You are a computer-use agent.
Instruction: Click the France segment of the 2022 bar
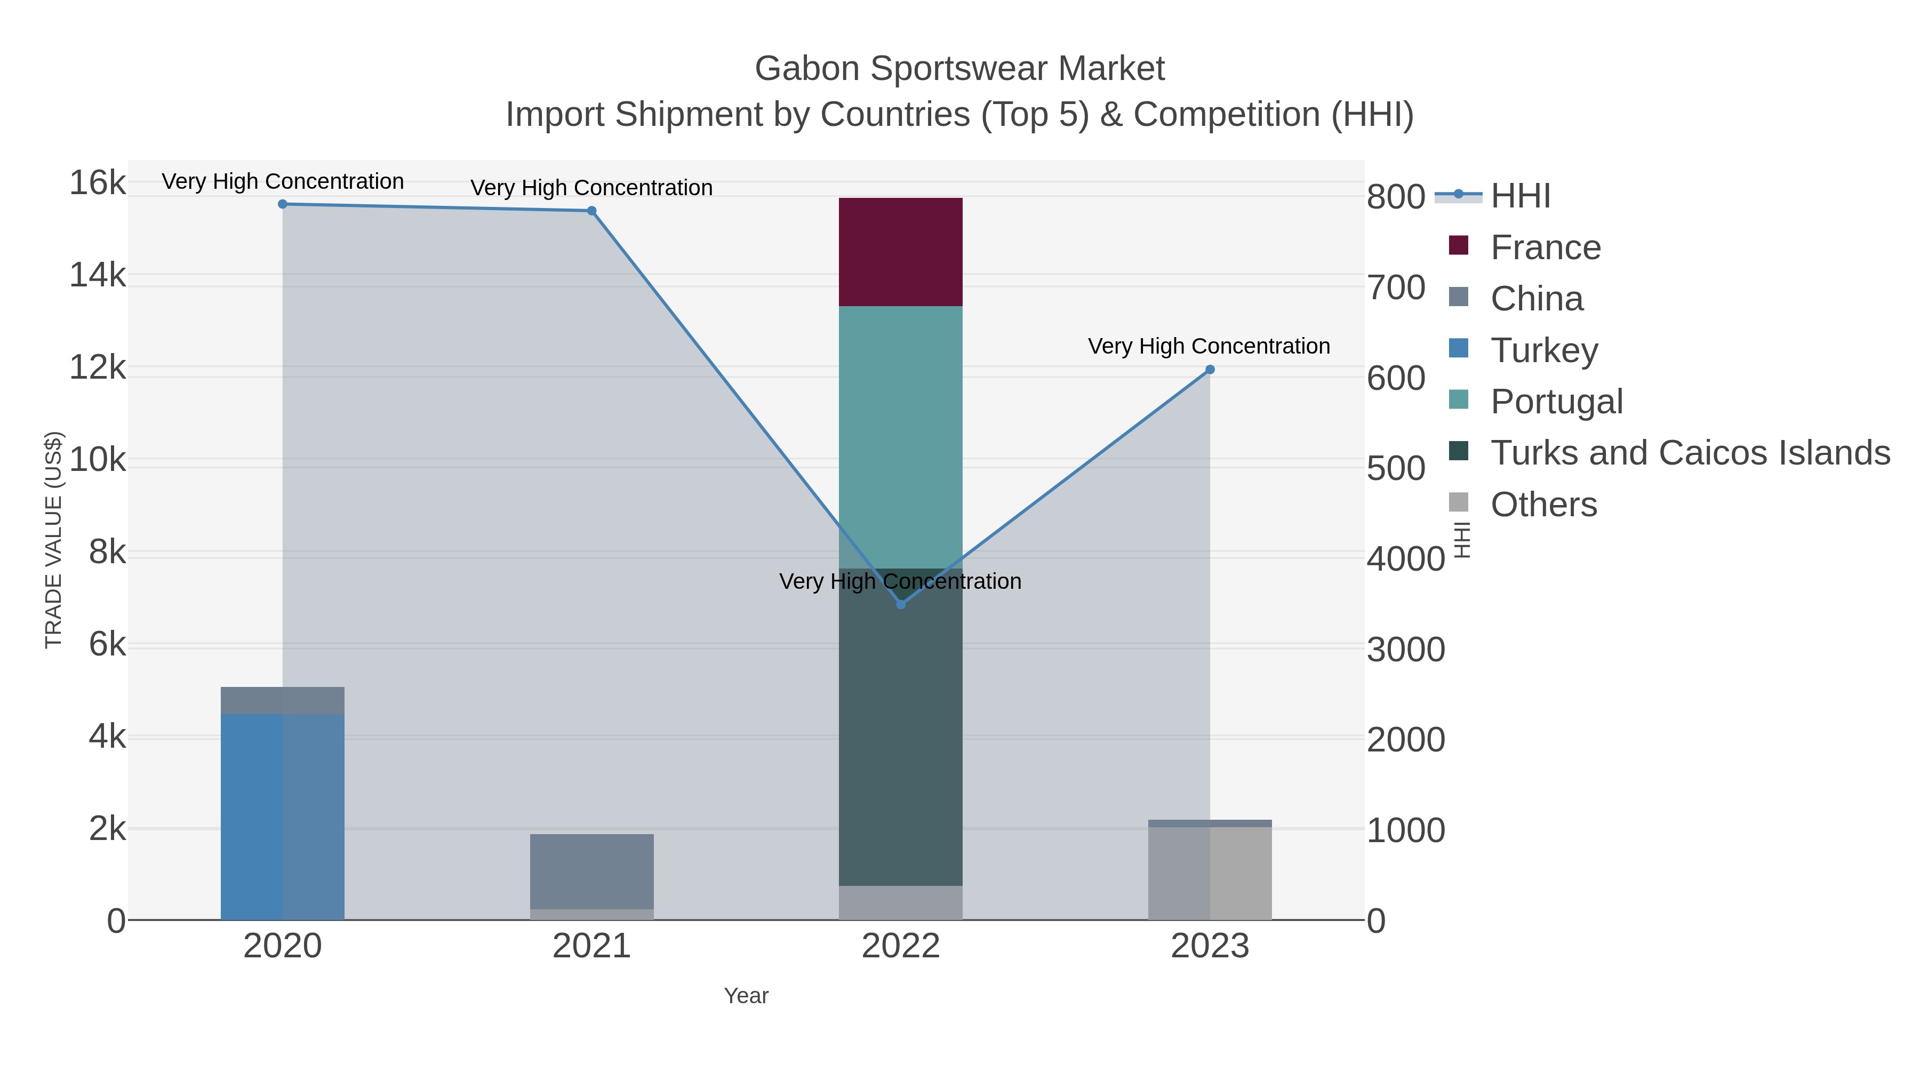(x=900, y=252)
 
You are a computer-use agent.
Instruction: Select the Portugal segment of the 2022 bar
(x=900, y=437)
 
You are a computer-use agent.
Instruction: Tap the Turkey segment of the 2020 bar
(x=283, y=816)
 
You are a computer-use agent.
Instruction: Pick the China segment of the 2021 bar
(x=592, y=870)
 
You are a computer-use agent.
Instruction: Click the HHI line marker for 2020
(x=283, y=204)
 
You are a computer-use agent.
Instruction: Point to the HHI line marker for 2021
(x=592, y=211)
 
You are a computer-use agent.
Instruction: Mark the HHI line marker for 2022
(x=900, y=604)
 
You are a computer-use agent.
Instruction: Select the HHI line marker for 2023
(x=1210, y=370)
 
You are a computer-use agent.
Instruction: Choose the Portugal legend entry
(x=1556, y=401)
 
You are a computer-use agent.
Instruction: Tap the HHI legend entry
(x=1521, y=196)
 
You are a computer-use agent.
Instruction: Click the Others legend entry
(x=1543, y=505)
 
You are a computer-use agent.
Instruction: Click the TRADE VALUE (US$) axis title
(x=54, y=540)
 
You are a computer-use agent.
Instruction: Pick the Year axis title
(x=746, y=996)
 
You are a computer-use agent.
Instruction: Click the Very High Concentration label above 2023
(x=1209, y=347)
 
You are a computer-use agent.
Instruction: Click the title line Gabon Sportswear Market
(x=959, y=69)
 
